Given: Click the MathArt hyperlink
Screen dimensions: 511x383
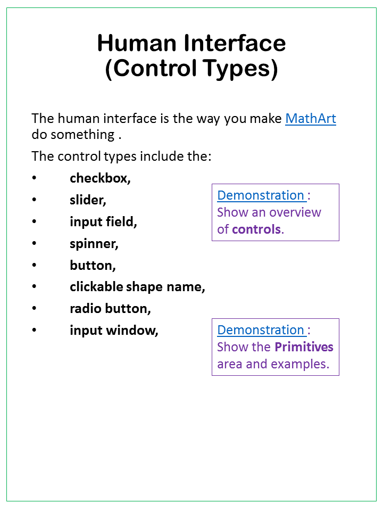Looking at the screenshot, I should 311,118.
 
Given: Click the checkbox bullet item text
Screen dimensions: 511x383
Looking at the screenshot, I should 100,178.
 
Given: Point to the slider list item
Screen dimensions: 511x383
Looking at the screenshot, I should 88,200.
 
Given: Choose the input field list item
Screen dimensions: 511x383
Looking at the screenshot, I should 103,222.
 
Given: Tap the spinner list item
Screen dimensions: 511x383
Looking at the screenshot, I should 94,244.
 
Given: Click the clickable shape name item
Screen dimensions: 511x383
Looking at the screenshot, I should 137,287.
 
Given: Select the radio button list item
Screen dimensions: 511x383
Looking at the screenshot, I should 110,309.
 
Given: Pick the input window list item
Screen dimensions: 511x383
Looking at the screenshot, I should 114,331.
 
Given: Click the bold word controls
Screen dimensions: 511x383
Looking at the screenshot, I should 256,229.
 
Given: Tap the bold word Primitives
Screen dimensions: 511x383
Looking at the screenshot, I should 304,347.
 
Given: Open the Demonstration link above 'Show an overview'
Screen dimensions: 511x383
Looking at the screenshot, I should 261,195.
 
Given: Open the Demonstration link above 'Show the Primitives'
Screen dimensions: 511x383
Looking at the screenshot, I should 261,330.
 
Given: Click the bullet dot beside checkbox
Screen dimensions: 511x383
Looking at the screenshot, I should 35,178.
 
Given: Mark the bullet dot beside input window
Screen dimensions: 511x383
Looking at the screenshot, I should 35,331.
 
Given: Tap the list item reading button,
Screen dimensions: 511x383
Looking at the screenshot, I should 93,266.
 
